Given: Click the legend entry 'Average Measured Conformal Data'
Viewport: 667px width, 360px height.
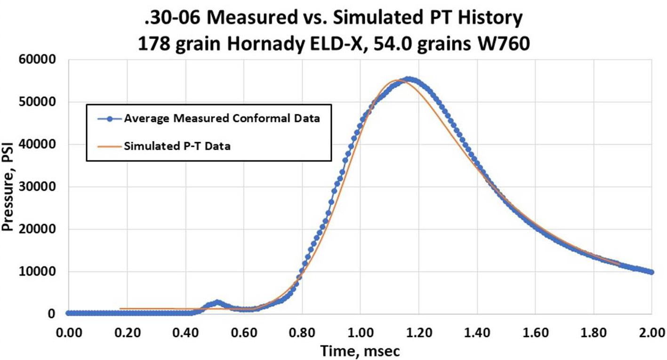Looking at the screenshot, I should tap(222, 119).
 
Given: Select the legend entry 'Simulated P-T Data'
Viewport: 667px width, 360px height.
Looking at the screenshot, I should tap(177, 146).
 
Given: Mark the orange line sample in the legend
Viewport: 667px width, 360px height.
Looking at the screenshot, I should tap(109, 146).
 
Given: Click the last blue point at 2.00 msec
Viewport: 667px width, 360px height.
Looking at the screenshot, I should tap(651, 272).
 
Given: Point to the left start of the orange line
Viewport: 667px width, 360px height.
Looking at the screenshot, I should tap(121, 309).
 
